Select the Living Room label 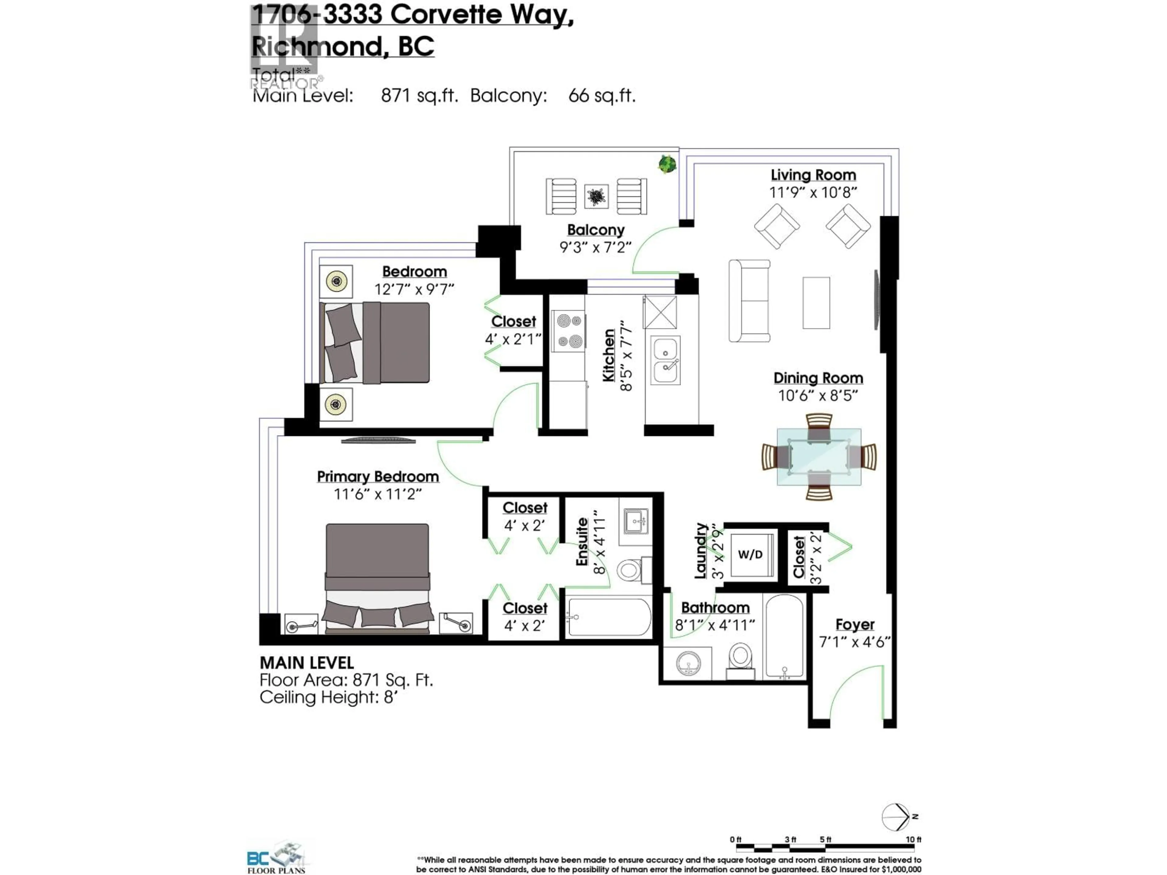coord(813,175)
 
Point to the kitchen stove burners coord(568,331)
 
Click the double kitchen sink coord(665,361)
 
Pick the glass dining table coord(819,457)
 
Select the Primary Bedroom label coord(378,476)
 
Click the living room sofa coord(749,301)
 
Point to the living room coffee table coord(816,303)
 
